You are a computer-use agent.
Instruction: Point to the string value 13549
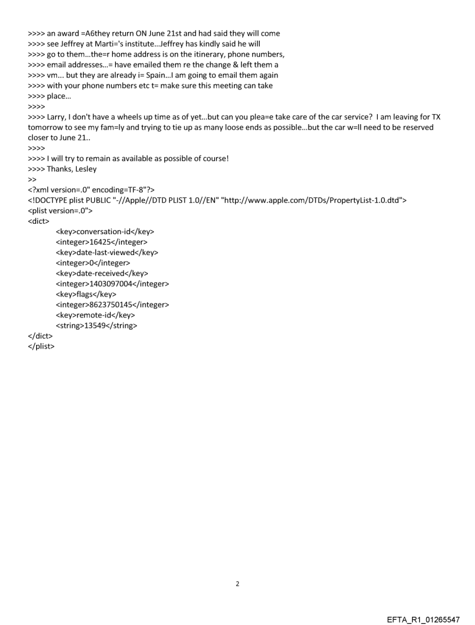95,326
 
